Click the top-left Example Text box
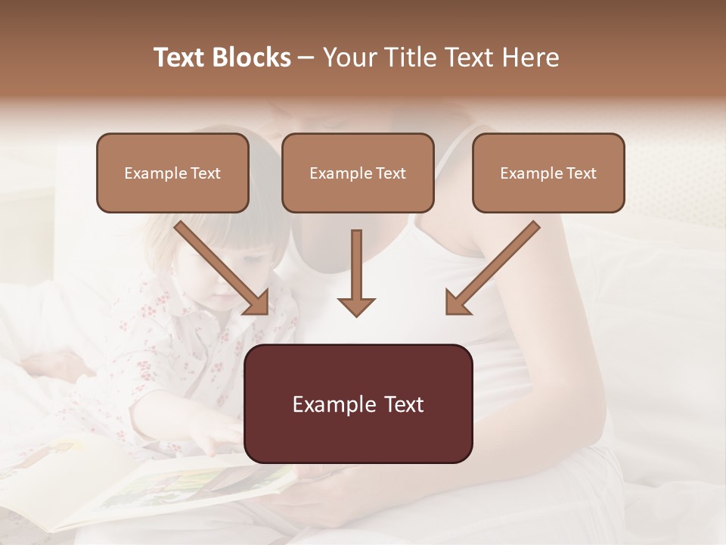coord(172,173)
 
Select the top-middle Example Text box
coord(358,173)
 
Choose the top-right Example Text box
coord(548,173)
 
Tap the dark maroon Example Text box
coord(358,403)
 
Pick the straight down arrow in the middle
coord(356,269)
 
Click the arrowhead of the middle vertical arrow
coord(356,307)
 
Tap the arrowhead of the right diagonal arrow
coord(458,302)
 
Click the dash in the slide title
coord(306,58)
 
